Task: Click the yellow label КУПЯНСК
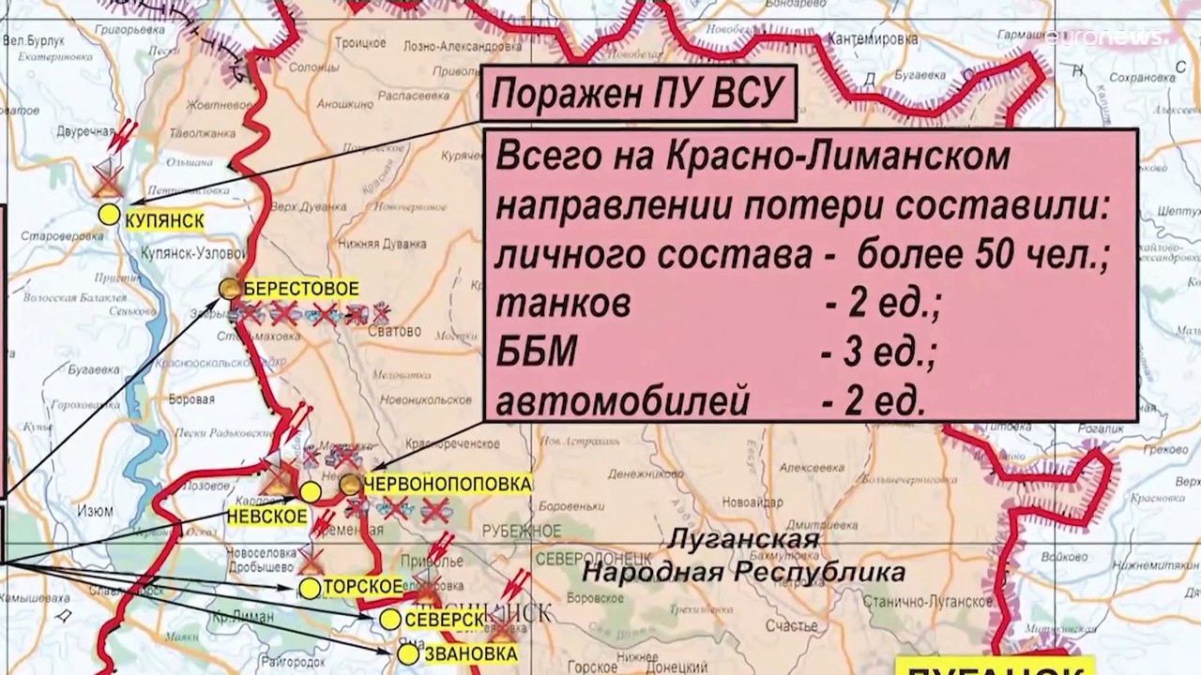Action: point(164,218)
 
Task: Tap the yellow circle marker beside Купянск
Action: point(110,215)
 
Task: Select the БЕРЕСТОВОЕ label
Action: point(300,289)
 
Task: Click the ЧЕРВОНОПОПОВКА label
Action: point(447,485)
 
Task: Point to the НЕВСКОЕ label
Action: point(266,516)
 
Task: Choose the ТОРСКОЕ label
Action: point(363,588)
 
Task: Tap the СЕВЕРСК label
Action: point(445,620)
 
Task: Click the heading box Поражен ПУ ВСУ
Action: point(637,94)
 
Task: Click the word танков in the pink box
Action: point(563,304)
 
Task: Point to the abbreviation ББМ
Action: point(536,353)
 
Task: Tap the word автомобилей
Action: point(623,402)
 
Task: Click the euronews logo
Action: point(1107,37)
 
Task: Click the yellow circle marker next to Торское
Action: point(310,589)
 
